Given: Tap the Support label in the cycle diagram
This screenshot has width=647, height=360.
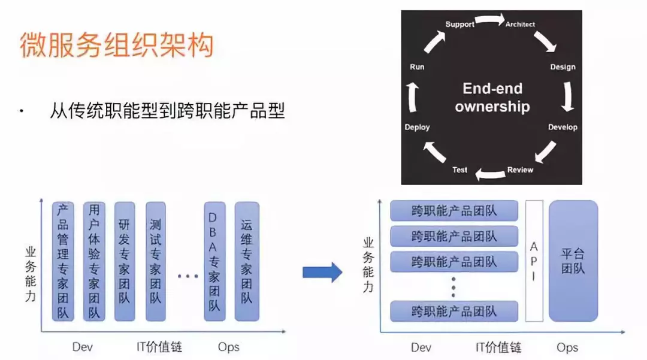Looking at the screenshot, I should tap(459, 24).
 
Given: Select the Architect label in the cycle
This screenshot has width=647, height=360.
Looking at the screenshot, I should tap(520, 24).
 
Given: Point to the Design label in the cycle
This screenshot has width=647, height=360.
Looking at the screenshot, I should tap(563, 67).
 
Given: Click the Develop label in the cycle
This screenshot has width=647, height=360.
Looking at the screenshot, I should tap(563, 127).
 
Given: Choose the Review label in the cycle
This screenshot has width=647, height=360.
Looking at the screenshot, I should tap(520, 170).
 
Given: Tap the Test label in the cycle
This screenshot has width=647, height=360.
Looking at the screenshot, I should tap(459, 170).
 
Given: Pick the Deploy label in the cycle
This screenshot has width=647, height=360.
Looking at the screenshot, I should tap(417, 127).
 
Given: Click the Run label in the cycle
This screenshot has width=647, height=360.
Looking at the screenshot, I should tap(417, 67).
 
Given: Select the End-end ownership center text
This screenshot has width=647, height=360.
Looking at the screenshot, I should tap(492, 98).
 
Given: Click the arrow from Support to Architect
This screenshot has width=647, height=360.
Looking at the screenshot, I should tap(490, 20).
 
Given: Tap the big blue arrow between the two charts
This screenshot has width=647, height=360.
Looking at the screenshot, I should tap(322, 273).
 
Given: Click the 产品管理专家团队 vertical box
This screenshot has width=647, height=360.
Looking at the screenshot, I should tap(63, 261).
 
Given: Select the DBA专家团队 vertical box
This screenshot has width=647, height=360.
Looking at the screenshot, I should tap(214, 261).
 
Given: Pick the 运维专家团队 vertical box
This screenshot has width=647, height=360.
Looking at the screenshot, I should tap(246, 261).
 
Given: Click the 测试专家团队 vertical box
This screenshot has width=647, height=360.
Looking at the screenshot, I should tap(155, 261).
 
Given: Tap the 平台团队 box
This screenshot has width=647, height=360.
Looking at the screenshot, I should tap(573, 261).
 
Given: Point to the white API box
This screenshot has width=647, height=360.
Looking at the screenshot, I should tap(534, 261).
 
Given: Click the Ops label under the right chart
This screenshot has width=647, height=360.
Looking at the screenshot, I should tap(567, 347).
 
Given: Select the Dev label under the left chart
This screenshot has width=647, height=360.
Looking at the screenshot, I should tap(83, 347).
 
